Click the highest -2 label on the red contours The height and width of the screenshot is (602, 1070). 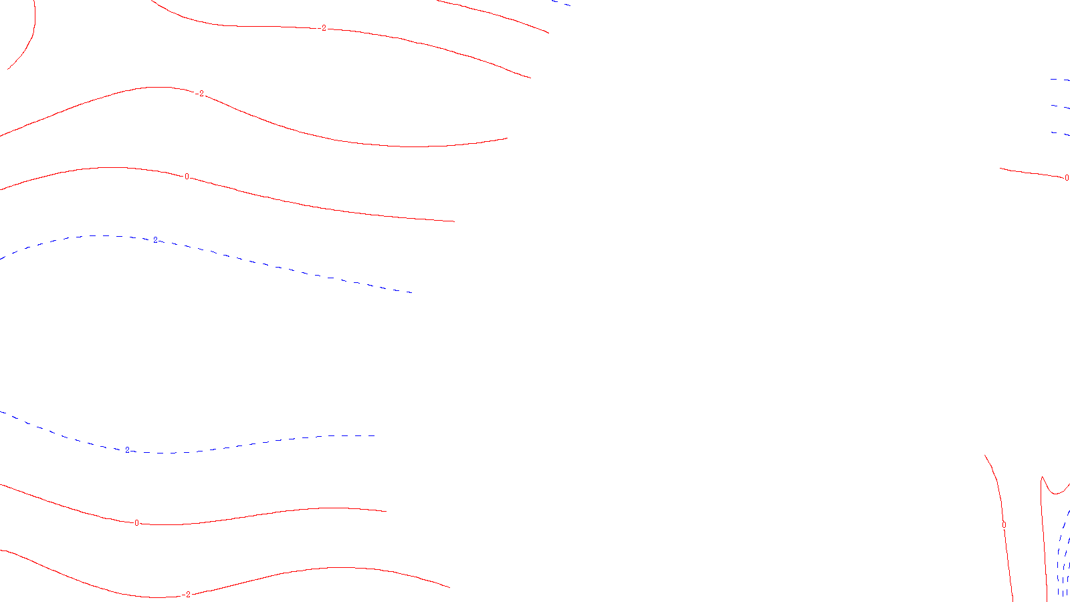pyautogui.click(x=324, y=28)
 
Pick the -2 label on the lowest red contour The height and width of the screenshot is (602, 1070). pyautogui.click(x=187, y=594)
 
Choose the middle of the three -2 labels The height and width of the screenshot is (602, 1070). pyautogui.click(x=200, y=94)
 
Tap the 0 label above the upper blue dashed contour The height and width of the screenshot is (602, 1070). pyautogui.click(x=187, y=177)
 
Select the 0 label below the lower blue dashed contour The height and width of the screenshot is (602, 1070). pyautogui.click(x=137, y=523)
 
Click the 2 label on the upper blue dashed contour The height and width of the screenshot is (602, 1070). pyautogui.click(x=156, y=239)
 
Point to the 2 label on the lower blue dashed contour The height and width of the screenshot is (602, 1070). pyautogui.click(x=127, y=449)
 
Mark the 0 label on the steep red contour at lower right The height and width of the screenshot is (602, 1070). pyautogui.click(x=1004, y=525)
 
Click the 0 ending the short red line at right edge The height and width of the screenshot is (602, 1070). pyautogui.click(x=1066, y=178)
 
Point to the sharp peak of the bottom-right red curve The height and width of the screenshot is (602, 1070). pyautogui.click(x=1042, y=478)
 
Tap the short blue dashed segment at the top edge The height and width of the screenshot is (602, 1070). pyautogui.click(x=562, y=3)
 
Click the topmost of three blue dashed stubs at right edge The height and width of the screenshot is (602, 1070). pyautogui.click(x=1060, y=80)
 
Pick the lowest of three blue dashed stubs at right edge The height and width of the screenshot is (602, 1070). pyautogui.click(x=1060, y=133)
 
